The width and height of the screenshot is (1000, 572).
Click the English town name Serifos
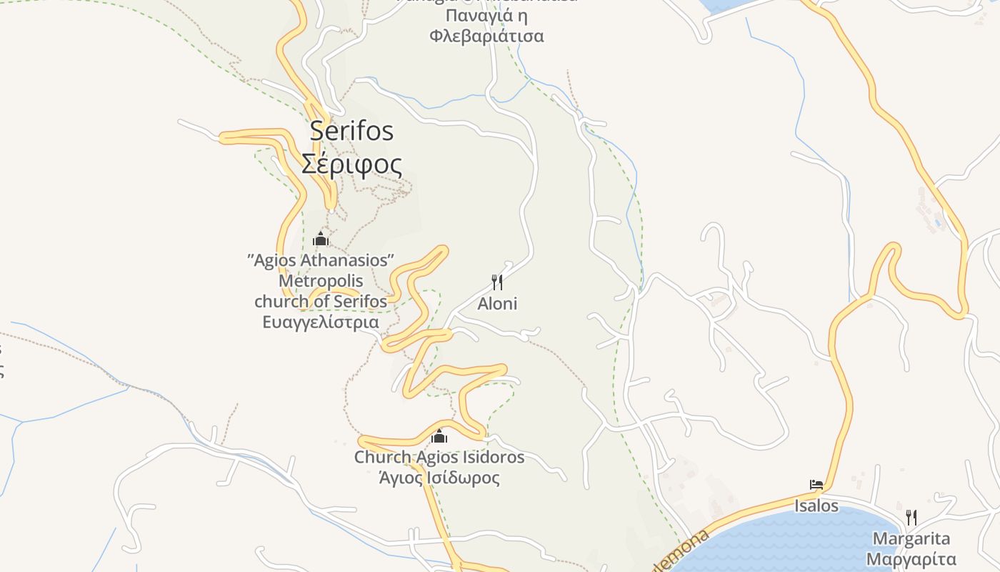[x=351, y=131]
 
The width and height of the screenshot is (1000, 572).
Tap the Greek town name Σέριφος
[x=351, y=164]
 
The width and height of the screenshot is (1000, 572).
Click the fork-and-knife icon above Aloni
[x=497, y=282]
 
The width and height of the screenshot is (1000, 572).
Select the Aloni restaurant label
[x=497, y=304]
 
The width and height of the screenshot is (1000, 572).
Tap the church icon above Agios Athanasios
[x=321, y=239]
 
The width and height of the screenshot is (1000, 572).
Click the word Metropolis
[x=321, y=280]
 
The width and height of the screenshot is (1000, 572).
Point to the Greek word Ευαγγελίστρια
[x=321, y=322]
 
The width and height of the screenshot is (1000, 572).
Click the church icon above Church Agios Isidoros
[x=439, y=435]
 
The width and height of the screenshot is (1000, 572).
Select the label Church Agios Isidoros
[x=439, y=457]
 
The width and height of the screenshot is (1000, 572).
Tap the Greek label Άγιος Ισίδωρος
[x=439, y=478]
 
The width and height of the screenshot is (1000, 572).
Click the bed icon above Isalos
[x=816, y=485]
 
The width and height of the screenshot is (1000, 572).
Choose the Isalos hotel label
[x=816, y=506]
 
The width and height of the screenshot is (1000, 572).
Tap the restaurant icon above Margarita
[x=911, y=517]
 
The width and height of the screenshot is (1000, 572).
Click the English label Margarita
[x=911, y=538]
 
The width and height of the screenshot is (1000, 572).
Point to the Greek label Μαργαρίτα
[x=911, y=558]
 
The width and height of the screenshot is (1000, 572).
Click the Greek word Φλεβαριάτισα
[x=486, y=36]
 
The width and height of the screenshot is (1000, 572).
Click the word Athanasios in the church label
[x=347, y=260]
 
